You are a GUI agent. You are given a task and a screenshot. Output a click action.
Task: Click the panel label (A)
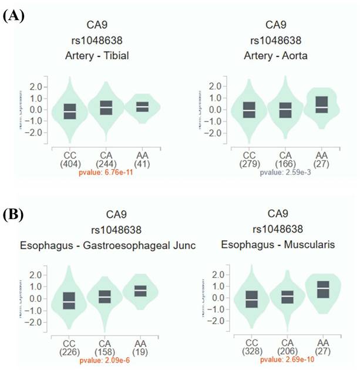coord(14,16)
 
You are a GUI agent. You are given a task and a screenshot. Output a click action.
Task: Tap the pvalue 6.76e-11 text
coord(106,174)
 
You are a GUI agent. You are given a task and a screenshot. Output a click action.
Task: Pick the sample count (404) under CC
coord(69,165)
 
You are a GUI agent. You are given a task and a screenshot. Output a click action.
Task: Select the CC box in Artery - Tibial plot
coord(70,110)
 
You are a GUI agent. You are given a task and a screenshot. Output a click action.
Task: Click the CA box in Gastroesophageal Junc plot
coord(105,297)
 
